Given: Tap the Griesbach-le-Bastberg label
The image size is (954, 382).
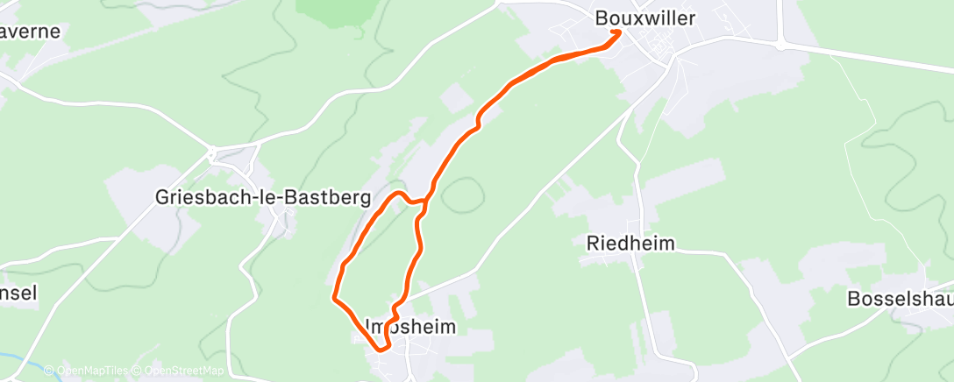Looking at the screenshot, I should click(x=262, y=196).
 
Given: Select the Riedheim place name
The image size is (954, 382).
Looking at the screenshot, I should click(x=630, y=244).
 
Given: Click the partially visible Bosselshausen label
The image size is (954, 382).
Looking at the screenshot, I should click(x=900, y=299).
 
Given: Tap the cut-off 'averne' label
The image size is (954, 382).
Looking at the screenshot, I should click(x=31, y=32).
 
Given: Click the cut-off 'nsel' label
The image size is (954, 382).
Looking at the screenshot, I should click(x=18, y=293).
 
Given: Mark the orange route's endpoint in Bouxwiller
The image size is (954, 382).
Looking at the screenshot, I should click(x=619, y=32).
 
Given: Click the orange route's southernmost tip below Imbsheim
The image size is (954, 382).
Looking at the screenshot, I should click(x=381, y=350).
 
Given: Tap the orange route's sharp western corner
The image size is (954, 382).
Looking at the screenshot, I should click(x=333, y=298).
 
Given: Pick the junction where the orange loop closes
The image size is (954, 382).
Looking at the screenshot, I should click(x=425, y=201).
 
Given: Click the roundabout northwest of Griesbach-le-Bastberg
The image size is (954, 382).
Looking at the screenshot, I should click(x=212, y=153).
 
